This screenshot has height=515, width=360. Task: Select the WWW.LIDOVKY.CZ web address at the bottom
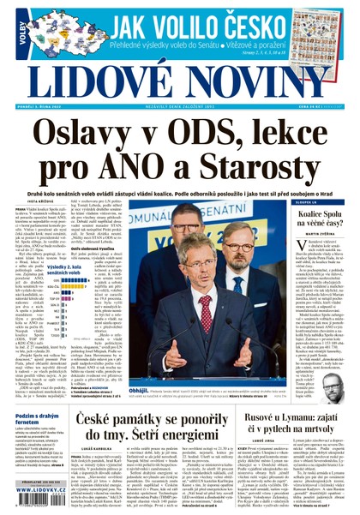(x=44, y=501)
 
